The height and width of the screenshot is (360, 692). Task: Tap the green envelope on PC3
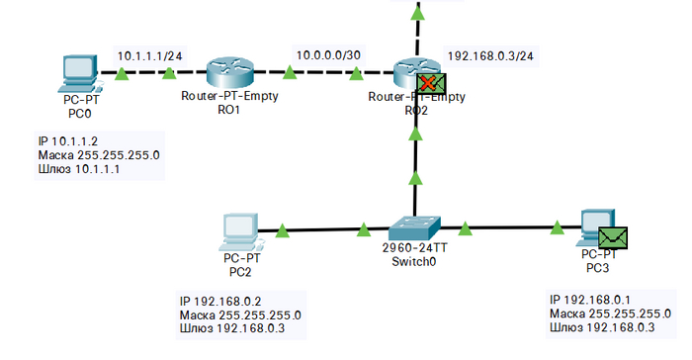tap(613, 237)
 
